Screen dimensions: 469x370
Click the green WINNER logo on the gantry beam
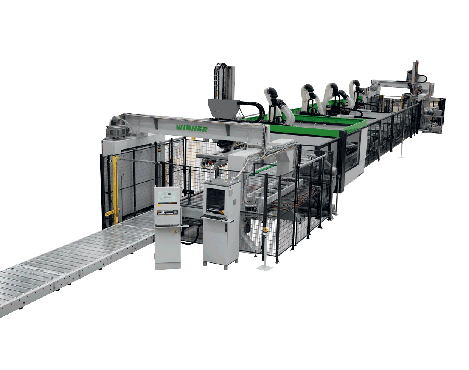191,128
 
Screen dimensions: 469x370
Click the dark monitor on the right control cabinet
215,199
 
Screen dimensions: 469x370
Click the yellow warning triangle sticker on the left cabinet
175,231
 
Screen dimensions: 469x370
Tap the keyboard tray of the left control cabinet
171,226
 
